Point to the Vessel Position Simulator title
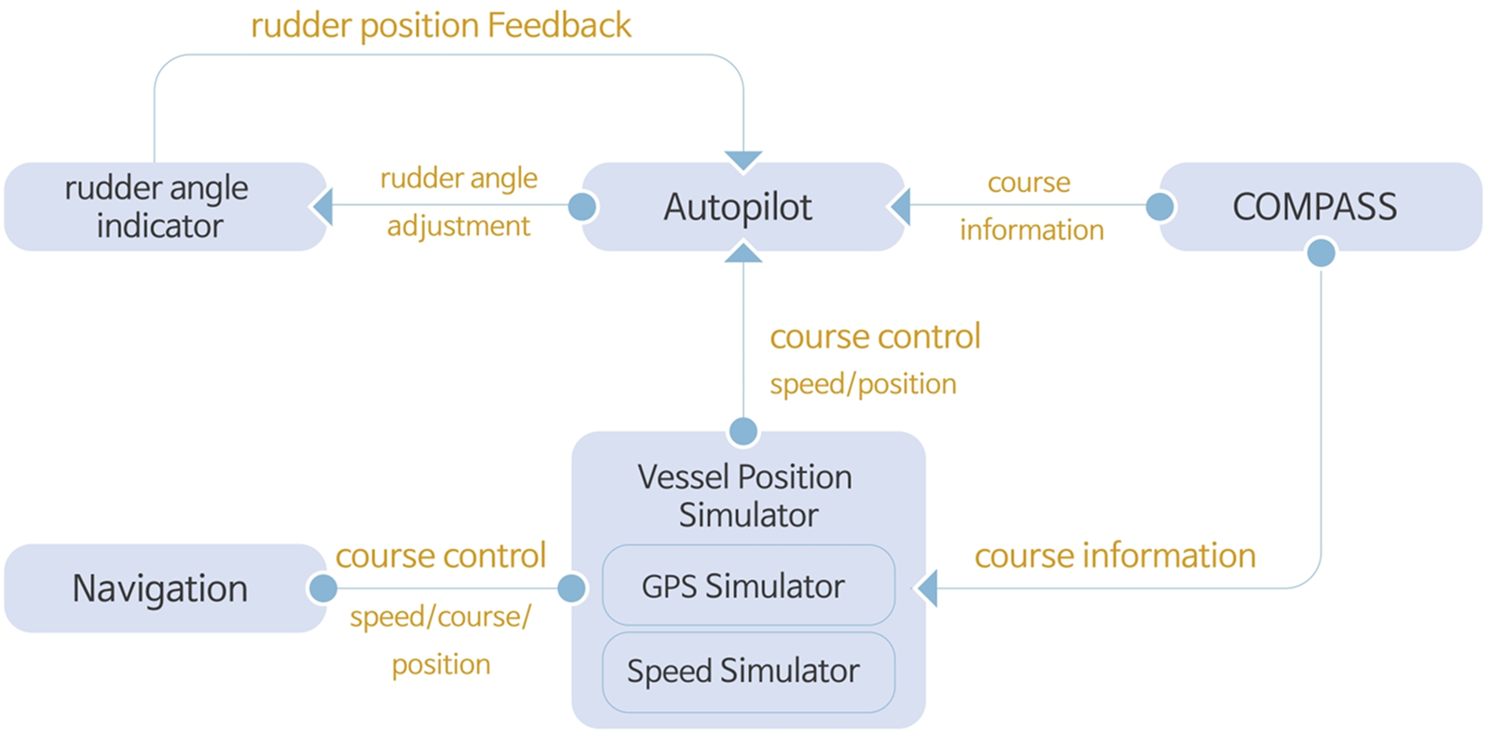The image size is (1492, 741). tap(746, 496)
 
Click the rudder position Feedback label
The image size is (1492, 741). tap(440, 25)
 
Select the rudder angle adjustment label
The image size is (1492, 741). tap(458, 201)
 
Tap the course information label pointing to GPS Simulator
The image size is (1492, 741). tap(1115, 556)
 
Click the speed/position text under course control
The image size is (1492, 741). tap(863, 384)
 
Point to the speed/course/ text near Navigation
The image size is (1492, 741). tap(440, 617)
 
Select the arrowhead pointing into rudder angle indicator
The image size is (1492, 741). tap(322, 206)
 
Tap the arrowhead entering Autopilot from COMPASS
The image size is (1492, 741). tap(900, 206)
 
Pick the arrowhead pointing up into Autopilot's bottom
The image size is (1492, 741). tap(743, 251)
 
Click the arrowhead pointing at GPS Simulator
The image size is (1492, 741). tap(926, 588)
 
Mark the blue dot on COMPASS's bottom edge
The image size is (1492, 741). tap(1320, 252)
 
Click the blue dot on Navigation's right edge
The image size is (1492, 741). tap(323, 588)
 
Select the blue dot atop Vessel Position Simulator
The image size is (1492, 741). tap(743, 432)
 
